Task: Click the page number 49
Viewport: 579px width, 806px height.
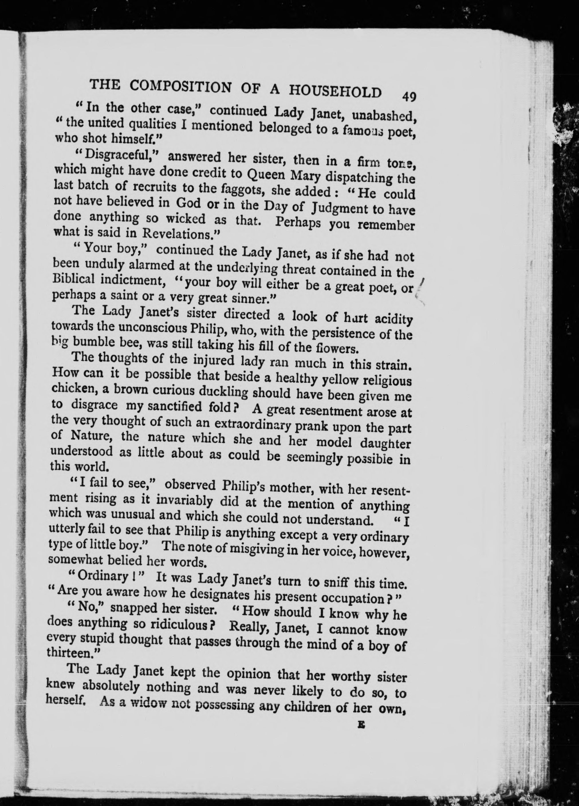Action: pyautogui.click(x=409, y=97)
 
